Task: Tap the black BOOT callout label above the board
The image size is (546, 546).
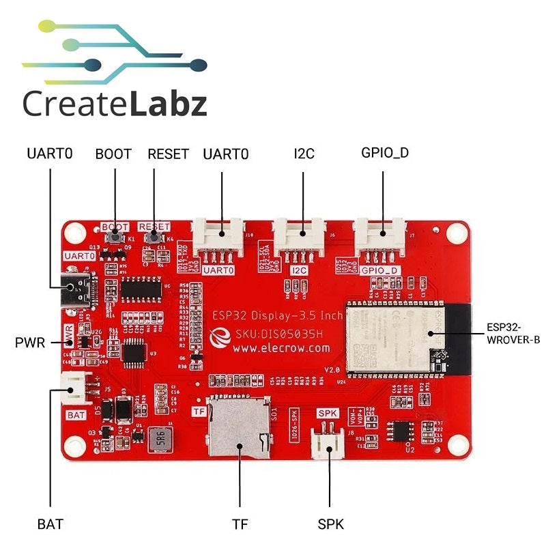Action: [x=113, y=154]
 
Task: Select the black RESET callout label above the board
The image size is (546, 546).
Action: [x=168, y=154]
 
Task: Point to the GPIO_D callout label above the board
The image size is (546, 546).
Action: [x=385, y=153]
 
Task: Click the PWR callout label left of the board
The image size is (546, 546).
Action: [x=30, y=342]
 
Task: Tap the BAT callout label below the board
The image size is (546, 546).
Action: [x=50, y=524]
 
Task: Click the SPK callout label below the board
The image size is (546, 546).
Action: [x=330, y=524]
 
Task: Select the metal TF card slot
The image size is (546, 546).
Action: [x=238, y=427]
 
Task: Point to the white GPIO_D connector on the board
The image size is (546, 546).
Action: [x=382, y=236]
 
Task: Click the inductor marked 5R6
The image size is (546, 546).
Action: [x=159, y=436]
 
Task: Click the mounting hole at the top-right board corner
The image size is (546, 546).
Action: [x=450, y=233]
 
